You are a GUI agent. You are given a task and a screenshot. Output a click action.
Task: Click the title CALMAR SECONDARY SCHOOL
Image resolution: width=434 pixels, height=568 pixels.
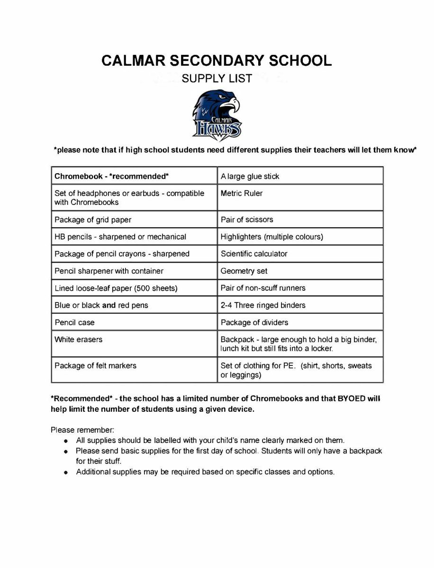[x=217, y=61]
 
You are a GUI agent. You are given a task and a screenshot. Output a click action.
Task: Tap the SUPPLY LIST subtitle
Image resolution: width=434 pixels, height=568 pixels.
[x=217, y=79]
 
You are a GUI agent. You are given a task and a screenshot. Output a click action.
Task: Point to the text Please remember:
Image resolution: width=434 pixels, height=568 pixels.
[x=82, y=430]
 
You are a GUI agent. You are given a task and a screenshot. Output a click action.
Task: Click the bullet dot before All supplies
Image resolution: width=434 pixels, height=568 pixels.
[x=66, y=441]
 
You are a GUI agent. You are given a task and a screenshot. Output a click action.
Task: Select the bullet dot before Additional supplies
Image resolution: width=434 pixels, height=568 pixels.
[x=66, y=472]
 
